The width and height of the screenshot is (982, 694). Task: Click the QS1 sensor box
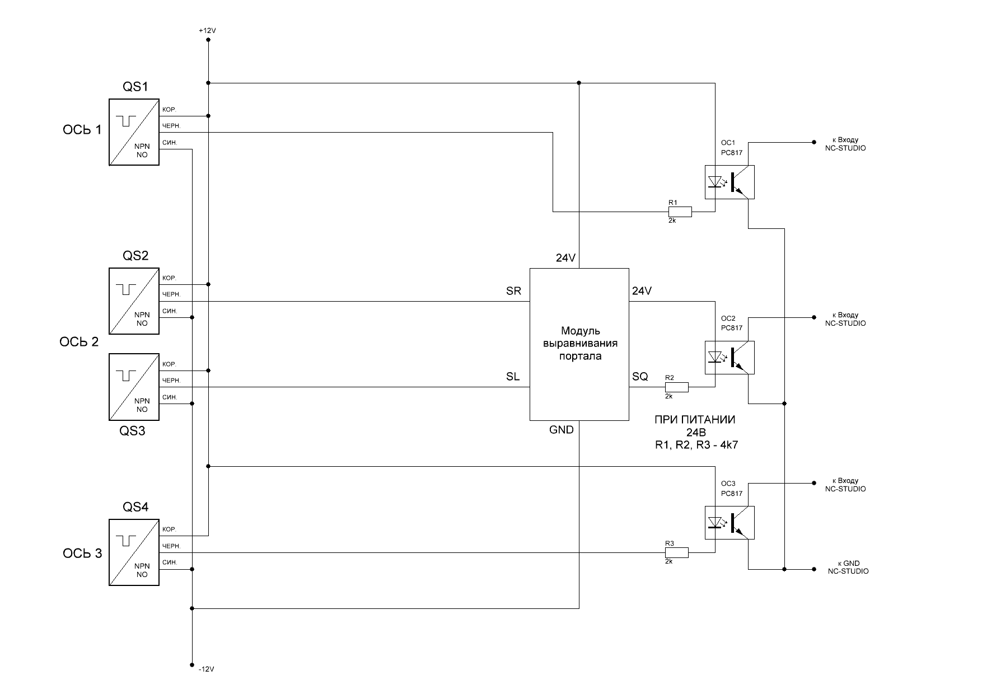pyautogui.click(x=133, y=132)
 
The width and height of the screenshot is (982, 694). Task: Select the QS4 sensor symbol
pyautogui.click(x=133, y=552)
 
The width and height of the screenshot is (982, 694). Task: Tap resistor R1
pyautogui.click(x=680, y=212)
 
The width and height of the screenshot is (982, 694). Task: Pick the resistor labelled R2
pyautogui.click(x=676, y=387)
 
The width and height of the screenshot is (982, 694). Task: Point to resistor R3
pyautogui.click(x=676, y=552)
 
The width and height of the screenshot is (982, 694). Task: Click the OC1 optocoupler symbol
pyautogui.click(x=729, y=182)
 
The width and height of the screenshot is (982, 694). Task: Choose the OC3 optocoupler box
pyautogui.click(x=729, y=523)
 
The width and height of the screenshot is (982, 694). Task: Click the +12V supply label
pyautogui.click(x=207, y=31)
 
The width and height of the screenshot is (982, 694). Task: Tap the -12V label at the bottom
pyautogui.click(x=207, y=669)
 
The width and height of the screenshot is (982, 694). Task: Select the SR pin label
pyautogui.click(x=513, y=291)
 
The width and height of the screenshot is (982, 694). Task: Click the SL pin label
pyautogui.click(x=513, y=377)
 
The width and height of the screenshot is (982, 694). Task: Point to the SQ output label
pyautogui.click(x=640, y=377)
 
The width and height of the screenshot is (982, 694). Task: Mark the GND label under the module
pyautogui.click(x=562, y=430)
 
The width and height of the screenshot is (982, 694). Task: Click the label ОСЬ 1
pyautogui.click(x=82, y=130)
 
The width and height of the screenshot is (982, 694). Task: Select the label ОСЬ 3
pyautogui.click(x=82, y=554)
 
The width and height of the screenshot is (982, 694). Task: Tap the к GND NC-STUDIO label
pyautogui.click(x=848, y=568)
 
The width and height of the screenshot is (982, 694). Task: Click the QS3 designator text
pyautogui.click(x=133, y=432)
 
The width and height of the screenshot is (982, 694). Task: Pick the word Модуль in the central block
pyautogui.click(x=580, y=331)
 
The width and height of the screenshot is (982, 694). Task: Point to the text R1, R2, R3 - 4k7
pyautogui.click(x=695, y=446)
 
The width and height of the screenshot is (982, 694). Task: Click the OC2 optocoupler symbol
pyautogui.click(x=729, y=357)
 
